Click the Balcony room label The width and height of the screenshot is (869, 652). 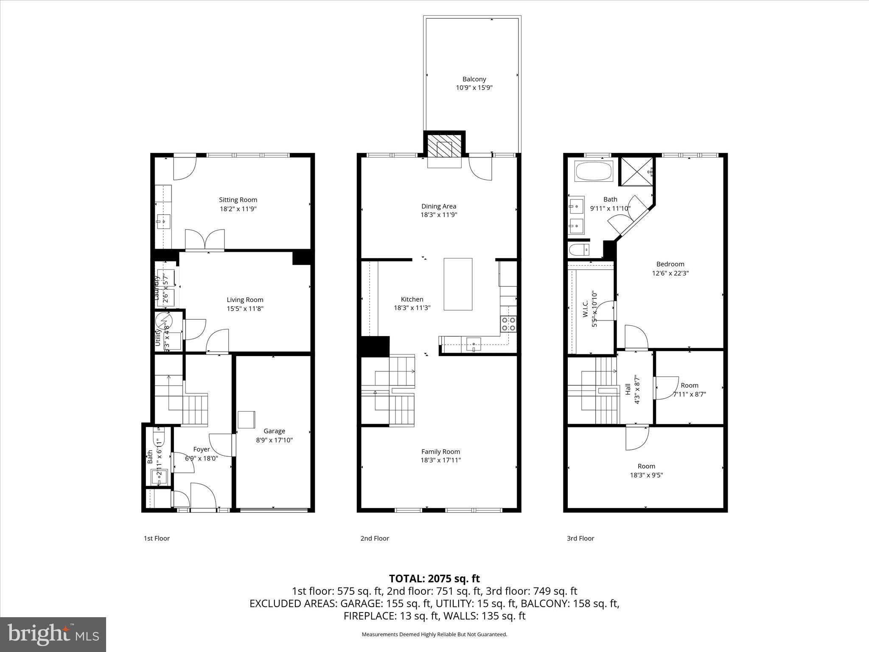[474, 79]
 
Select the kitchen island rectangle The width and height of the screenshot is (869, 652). [458, 284]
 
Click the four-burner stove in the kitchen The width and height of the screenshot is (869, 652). [508, 324]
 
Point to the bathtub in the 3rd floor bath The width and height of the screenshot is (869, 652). [594, 171]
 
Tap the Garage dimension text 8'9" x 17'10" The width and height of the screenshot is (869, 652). [274, 440]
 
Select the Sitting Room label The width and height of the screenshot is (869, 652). [238, 200]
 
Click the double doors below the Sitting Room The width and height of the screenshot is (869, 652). [205, 240]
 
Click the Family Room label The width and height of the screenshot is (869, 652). [440, 452]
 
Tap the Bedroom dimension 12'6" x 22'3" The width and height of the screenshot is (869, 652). [670, 273]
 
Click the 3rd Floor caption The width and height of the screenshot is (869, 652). [580, 538]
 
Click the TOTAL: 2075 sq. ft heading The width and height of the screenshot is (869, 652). [434, 579]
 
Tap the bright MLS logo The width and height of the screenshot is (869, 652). [53, 634]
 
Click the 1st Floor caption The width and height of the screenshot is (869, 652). [157, 538]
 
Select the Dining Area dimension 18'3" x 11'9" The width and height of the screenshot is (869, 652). [439, 215]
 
